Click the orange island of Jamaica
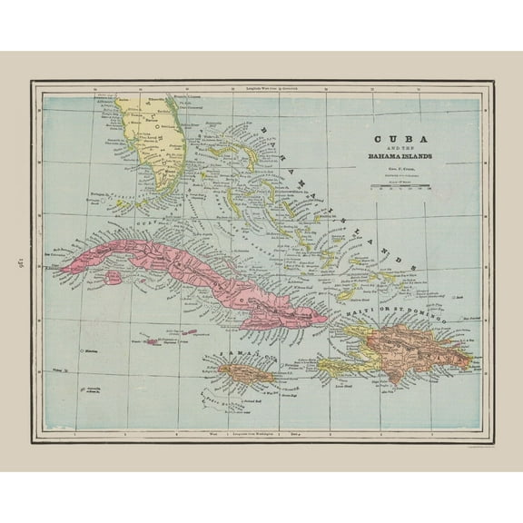tap(240, 371)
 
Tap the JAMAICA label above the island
tap(234, 351)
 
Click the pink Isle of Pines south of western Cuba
tap(115, 276)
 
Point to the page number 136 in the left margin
tap(15, 262)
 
